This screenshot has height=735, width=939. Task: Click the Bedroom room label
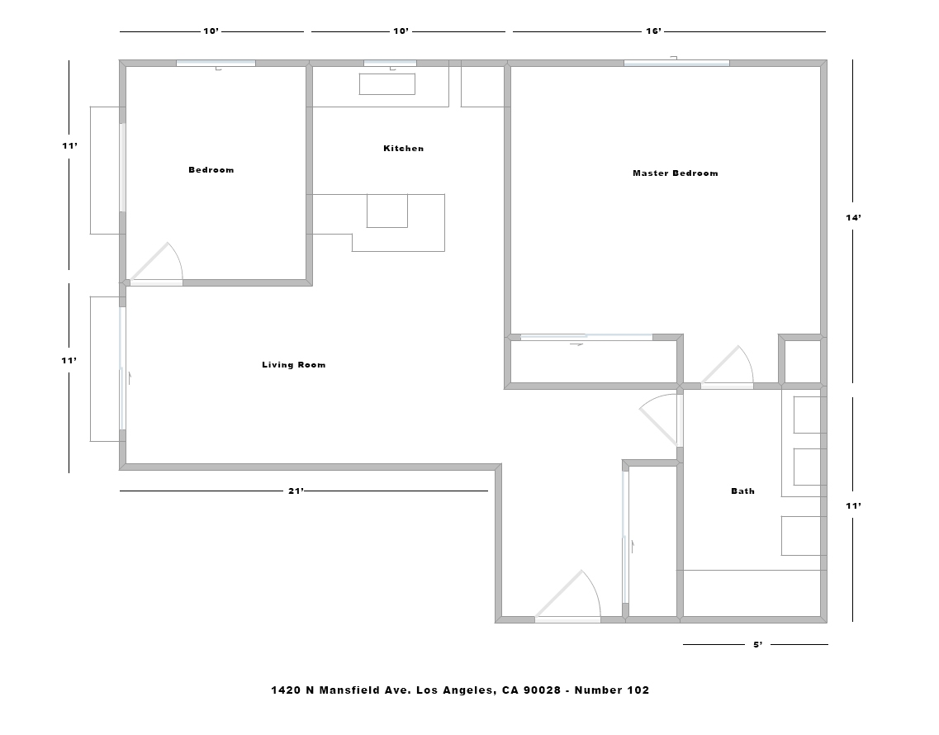tap(211, 170)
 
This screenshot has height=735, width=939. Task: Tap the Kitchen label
tap(403, 149)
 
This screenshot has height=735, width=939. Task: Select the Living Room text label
tap(293, 365)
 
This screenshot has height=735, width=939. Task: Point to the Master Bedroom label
tap(675, 173)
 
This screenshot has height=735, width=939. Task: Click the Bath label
tap(742, 491)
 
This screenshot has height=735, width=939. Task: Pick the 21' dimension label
tap(296, 491)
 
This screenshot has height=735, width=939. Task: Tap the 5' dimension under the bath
tap(757, 645)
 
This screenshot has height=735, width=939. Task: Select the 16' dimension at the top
tap(653, 31)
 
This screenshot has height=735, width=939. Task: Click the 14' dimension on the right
tap(853, 217)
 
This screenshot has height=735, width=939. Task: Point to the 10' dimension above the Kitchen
tap(401, 31)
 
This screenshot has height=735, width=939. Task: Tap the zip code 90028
tap(542, 690)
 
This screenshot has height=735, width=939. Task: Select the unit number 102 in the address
tap(638, 690)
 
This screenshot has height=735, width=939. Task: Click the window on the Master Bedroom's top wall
tap(676, 63)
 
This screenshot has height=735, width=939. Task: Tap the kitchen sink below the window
tap(387, 84)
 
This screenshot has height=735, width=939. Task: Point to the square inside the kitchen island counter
tap(387, 211)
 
